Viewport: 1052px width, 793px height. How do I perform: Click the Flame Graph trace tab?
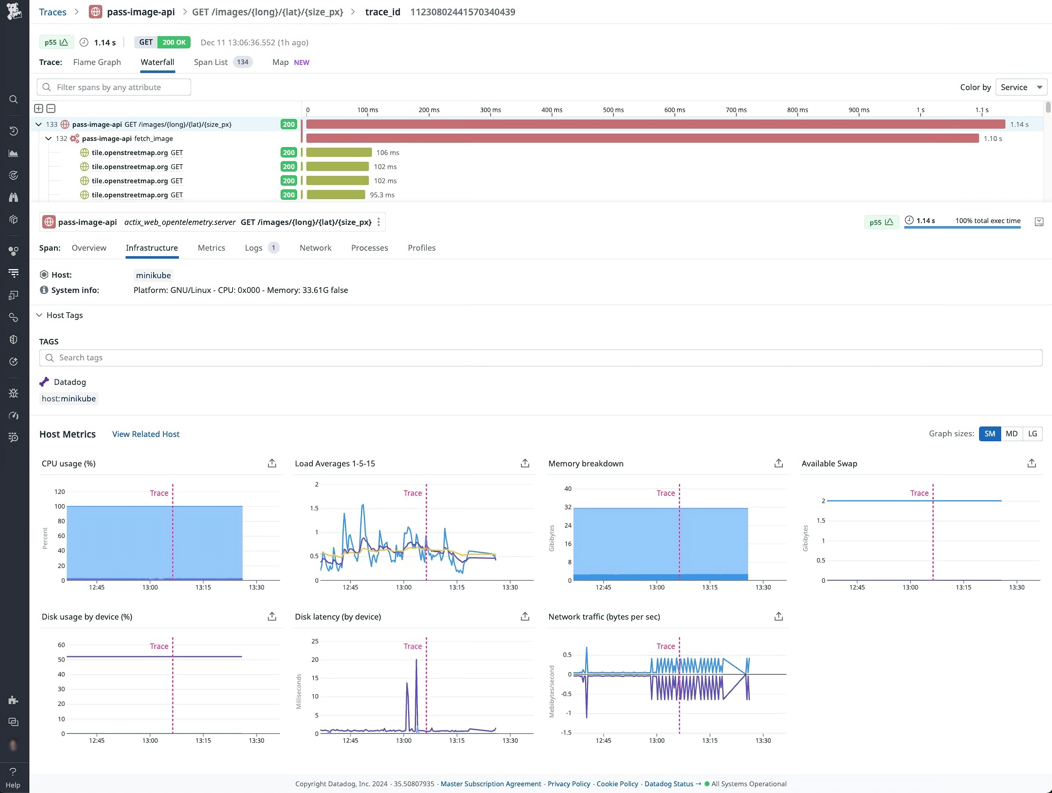pos(96,62)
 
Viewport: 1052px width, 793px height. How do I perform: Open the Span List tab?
pos(211,62)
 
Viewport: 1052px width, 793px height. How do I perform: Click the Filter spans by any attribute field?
pos(114,87)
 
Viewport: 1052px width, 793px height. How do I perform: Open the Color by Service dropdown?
pos(1021,87)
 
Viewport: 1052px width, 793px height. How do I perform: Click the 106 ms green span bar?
pos(339,153)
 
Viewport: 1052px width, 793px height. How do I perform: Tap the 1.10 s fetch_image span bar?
pos(642,138)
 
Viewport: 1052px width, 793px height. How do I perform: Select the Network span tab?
pos(315,248)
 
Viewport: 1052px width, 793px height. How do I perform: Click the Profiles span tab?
pos(421,248)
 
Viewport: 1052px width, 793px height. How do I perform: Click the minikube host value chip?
pos(153,275)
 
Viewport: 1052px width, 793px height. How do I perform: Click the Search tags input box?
pos(540,358)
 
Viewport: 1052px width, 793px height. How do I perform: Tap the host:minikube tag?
pos(69,399)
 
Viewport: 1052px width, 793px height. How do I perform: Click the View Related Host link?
pos(146,434)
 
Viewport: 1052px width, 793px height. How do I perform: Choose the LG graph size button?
pos(1032,434)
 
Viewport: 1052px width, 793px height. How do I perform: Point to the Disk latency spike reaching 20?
pos(416,661)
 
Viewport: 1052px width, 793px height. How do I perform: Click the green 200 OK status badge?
pos(174,42)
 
